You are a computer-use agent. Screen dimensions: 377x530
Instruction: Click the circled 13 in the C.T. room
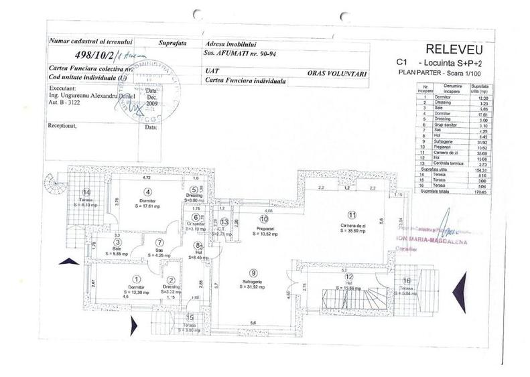(x=225, y=222)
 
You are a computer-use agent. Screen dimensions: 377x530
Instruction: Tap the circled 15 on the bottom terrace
(x=190, y=317)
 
